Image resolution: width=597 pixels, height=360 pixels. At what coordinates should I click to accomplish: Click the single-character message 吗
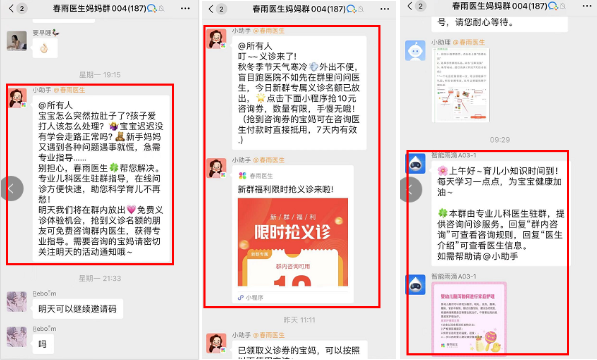42,343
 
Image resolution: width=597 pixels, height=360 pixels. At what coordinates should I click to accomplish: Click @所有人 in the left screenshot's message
57,106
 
